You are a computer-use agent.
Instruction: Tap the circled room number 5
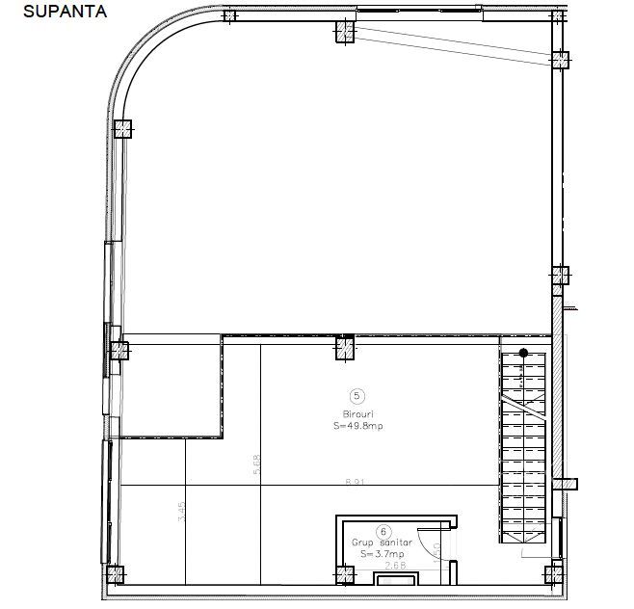tap(358, 395)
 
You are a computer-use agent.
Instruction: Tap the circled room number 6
tap(383, 530)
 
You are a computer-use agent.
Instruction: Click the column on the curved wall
tap(122, 128)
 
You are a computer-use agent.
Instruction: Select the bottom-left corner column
tap(115, 575)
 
